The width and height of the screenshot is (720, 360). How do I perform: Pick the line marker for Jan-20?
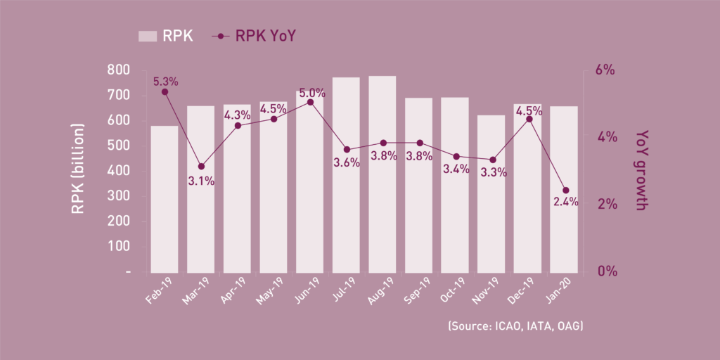point(565,191)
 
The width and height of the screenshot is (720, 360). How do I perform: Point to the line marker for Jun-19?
point(310,102)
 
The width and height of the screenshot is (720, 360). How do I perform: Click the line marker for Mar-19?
point(201,167)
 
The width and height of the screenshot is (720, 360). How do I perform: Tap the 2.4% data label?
point(565,202)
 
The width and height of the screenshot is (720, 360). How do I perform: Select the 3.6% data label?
point(347,162)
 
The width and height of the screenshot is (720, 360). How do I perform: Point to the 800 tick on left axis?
point(118,70)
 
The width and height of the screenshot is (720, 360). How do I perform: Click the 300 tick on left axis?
point(118,196)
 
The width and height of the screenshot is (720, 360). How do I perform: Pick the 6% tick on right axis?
point(605,70)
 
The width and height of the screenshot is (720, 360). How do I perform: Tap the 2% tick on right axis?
point(605,205)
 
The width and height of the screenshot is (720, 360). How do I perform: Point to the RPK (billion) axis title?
point(78,169)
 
